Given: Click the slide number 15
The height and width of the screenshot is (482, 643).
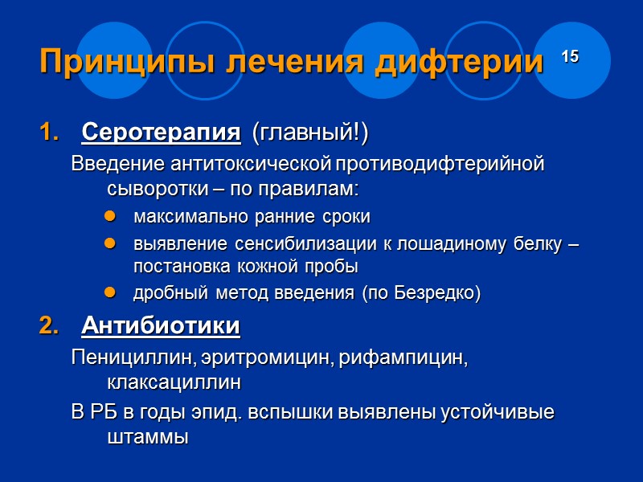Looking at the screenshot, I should pos(570,56).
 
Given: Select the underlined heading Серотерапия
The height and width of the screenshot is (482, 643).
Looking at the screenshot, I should pos(161,132).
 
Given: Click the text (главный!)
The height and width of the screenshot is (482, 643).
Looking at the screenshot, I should pos(310,133).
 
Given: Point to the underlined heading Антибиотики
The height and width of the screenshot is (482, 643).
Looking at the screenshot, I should pos(161,326).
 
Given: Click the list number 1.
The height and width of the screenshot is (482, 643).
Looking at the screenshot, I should pos(48,133).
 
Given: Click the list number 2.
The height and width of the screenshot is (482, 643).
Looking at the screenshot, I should pos(48,327).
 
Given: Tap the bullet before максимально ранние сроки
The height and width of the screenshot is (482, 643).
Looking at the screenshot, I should pos(110,218).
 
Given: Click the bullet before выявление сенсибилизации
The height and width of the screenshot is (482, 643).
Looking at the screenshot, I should pos(110,244).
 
